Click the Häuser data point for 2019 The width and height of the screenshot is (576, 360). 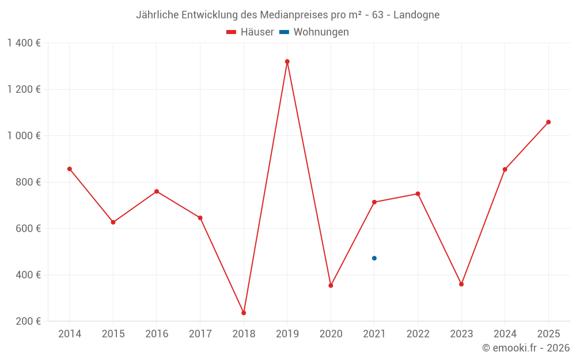click(287, 62)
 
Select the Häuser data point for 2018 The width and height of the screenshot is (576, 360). click(244, 313)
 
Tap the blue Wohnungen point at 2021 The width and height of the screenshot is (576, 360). click(374, 258)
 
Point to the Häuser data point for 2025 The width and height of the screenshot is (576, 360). click(548, 122)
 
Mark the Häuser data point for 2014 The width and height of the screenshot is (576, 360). click(70, 169)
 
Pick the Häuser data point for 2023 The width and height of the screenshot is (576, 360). click(461, 284)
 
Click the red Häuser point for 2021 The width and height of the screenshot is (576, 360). click(374, 202)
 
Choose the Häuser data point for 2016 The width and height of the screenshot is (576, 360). click(157, 191)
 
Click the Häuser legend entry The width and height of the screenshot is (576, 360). click(250, 32)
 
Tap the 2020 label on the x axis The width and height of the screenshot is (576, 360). click(331, 334)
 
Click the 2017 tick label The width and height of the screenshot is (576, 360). click(200, 334)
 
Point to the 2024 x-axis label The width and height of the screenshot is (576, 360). click(505, 334)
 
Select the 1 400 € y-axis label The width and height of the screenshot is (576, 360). click(24, 43)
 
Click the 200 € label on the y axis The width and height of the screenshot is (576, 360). click(29, 321)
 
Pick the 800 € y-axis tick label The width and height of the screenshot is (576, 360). click(29, 182)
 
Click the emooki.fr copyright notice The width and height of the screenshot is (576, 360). click(525, 348)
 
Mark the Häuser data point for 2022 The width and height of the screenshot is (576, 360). click(418, 194)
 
